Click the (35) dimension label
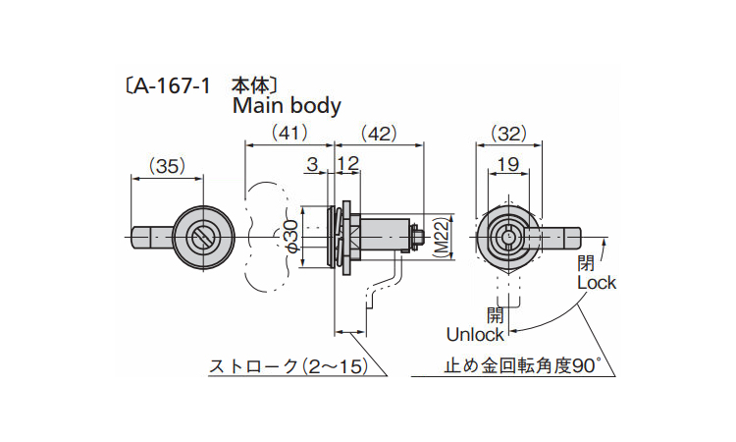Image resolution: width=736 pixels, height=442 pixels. pos(167,167)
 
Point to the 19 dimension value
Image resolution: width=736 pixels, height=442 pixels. pos(507,166)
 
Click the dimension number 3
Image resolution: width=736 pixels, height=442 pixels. pos(311,165)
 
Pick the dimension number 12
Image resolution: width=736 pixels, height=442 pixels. pos(347,165)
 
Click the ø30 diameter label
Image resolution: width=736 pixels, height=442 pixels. pos(290,237)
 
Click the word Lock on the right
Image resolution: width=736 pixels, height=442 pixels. pos(596,283)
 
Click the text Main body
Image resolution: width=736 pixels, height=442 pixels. pos(287,106)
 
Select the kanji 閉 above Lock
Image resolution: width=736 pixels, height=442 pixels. pos(586,263)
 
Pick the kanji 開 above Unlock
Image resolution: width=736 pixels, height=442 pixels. pos(495,314)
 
